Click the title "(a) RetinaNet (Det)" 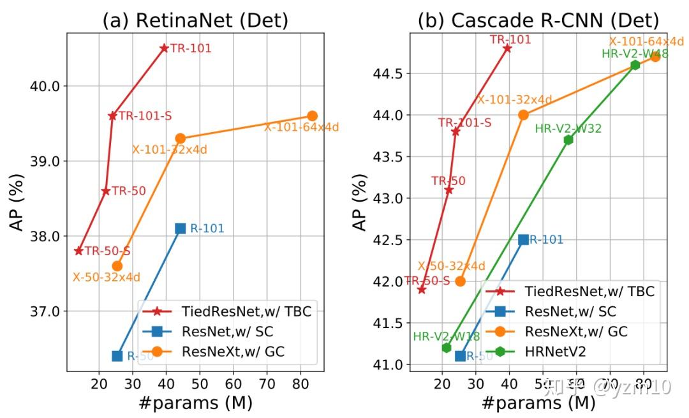coord(195,20)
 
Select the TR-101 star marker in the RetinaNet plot coord(164,48)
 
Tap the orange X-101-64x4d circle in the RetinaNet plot coord(312,116)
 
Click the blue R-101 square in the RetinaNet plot coord(181,228)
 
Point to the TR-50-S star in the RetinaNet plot coord(79,251)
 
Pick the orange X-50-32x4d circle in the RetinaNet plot coord(117,265)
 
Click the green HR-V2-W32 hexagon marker coord(568,140)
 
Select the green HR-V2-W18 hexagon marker coord(447,348)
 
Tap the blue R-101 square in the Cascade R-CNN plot coord(524,240)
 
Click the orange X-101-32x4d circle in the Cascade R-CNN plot coord(523,115)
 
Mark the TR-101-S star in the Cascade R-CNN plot coord(456,131)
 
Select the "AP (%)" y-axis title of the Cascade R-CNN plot coord(361,202)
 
